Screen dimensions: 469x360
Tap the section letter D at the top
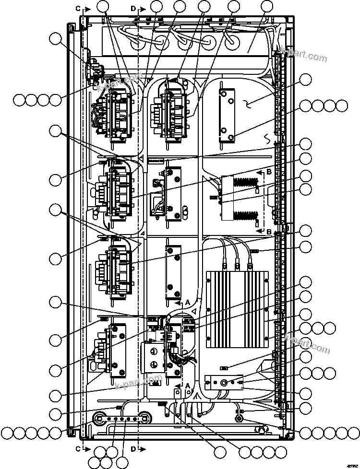pyautogui.click(x=133, y=9)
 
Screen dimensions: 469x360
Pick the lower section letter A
pyautogui.click(x=188, y=385)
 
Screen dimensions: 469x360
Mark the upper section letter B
pyautogui.click(x=269, y=171)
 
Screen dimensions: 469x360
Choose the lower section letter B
pyautogui.click(x=269, y=232)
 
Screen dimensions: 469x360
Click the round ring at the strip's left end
pyautogui.click(x=100, y=417)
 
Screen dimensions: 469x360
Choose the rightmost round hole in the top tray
pyautogui.click(x=232, y=41)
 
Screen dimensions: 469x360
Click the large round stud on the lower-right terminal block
pyautogui.click(x=224, y=383)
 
